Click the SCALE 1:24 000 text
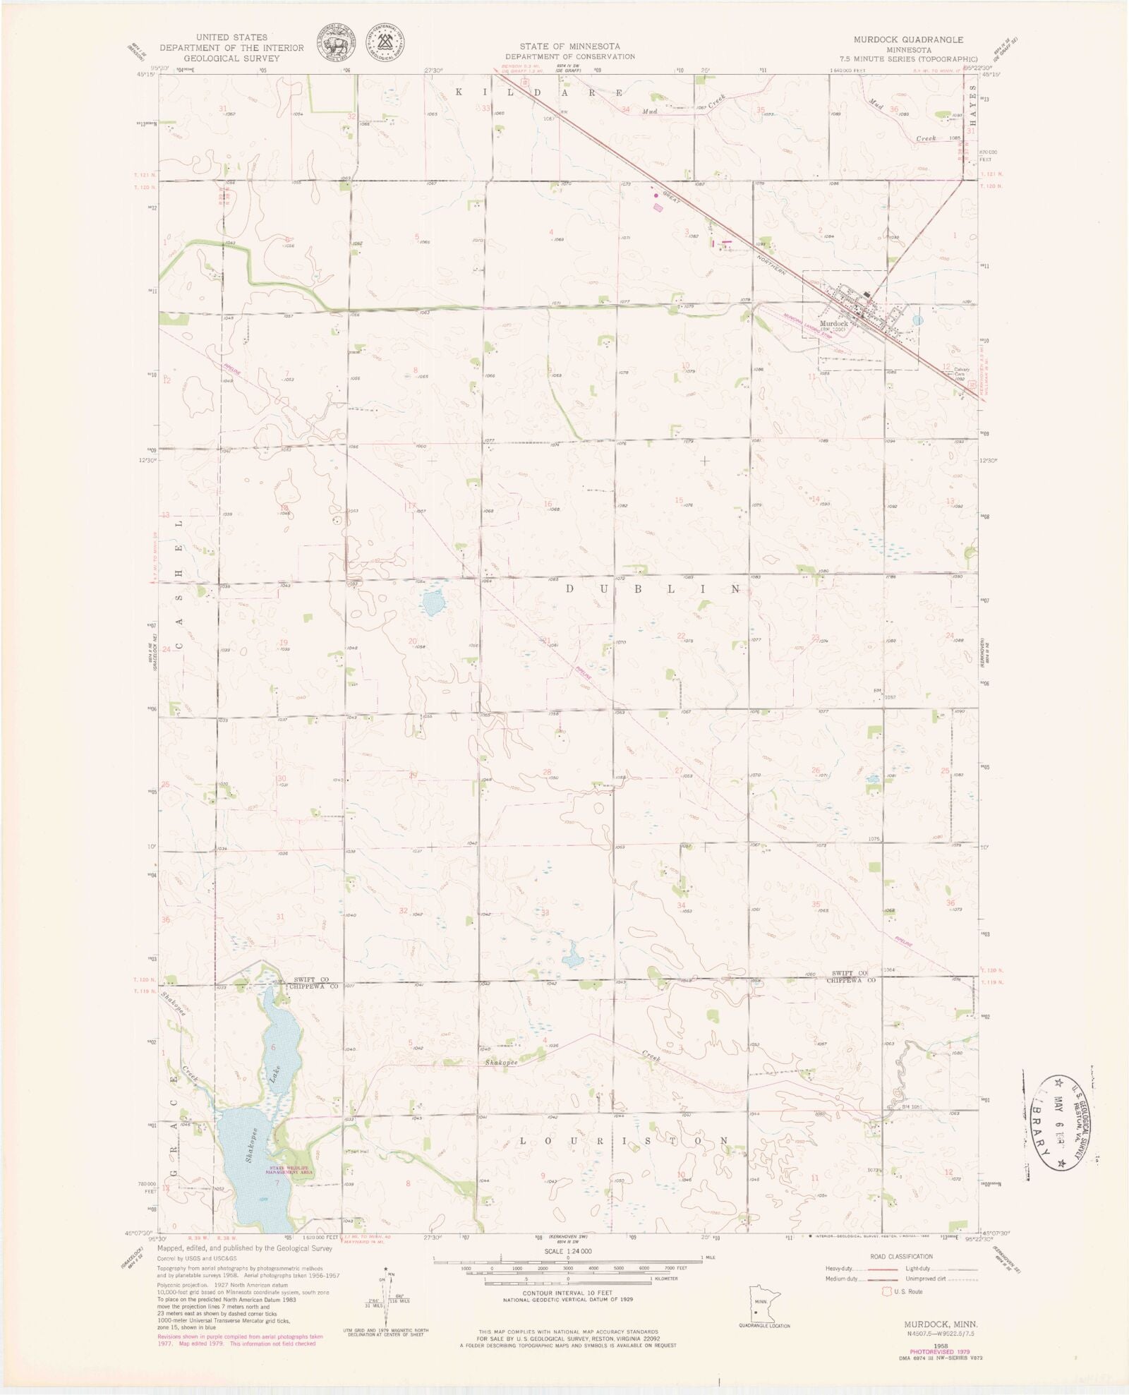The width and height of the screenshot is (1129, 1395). tap(568, 1250)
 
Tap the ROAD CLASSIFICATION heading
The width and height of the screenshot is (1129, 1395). tap(901, 1256)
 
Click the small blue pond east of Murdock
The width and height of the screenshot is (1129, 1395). tap(917, 320)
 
